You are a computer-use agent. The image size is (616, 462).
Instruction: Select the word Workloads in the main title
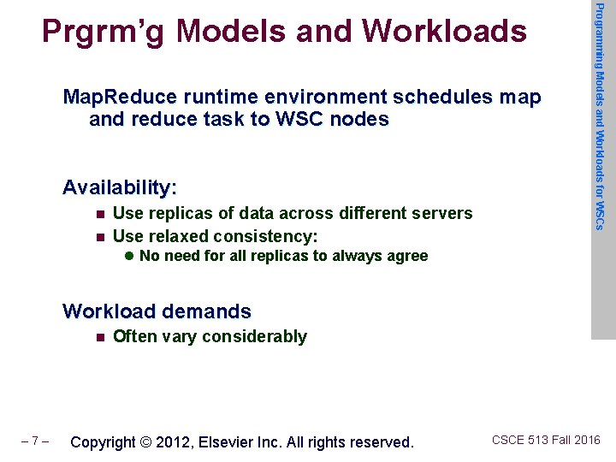point(444,31)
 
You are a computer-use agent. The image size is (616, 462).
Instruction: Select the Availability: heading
point(120,187)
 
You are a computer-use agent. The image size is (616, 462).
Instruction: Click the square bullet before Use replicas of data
point(101,214)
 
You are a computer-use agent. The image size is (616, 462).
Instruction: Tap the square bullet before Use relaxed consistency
point(101,236)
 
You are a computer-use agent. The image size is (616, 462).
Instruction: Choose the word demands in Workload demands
point(212,311)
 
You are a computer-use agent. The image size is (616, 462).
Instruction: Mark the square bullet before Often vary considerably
point(101,337)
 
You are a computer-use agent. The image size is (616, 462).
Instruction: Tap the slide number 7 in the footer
point(34,442)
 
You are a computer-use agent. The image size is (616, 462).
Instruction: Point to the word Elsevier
point(231,442)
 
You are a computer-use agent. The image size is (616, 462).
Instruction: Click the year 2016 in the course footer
point(588,441)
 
